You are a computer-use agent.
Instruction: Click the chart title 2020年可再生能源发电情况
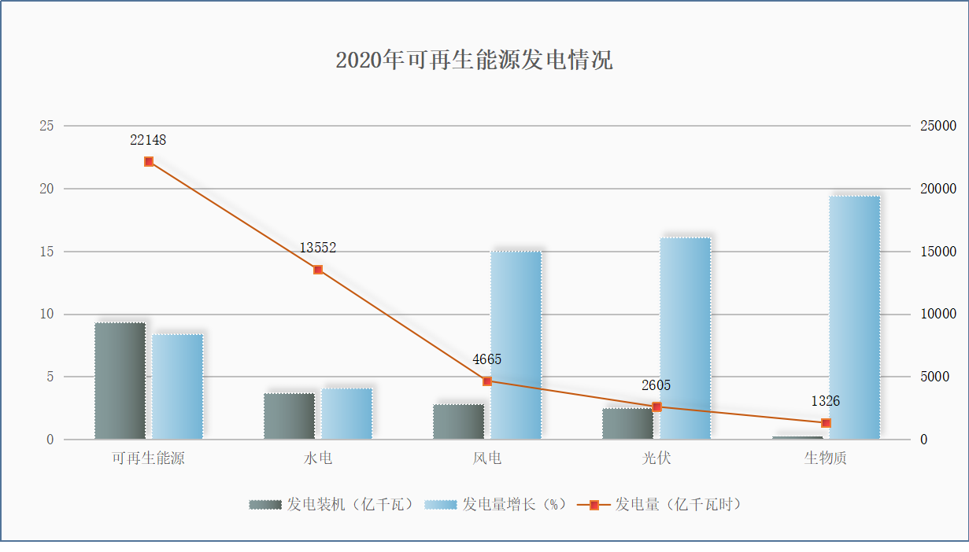pos(474,61)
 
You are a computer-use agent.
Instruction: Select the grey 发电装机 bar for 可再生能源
pos(120,381)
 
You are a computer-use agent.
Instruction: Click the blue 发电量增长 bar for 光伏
pos(685,338)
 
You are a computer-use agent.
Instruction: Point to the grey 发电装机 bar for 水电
pos(289,416)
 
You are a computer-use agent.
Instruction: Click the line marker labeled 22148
pos(149,162)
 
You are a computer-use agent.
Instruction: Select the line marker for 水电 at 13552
pos(318,270)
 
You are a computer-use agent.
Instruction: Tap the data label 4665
pos(486,360)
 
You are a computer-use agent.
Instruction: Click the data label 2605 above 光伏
pos(656,385)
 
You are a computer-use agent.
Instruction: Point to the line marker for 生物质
pos(826,423)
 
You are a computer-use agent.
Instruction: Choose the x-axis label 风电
pos(487,458)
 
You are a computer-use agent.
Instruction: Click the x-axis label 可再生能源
pos(148,458)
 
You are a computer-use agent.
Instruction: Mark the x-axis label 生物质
pos(825,458)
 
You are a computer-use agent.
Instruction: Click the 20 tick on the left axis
pos(46,189)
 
